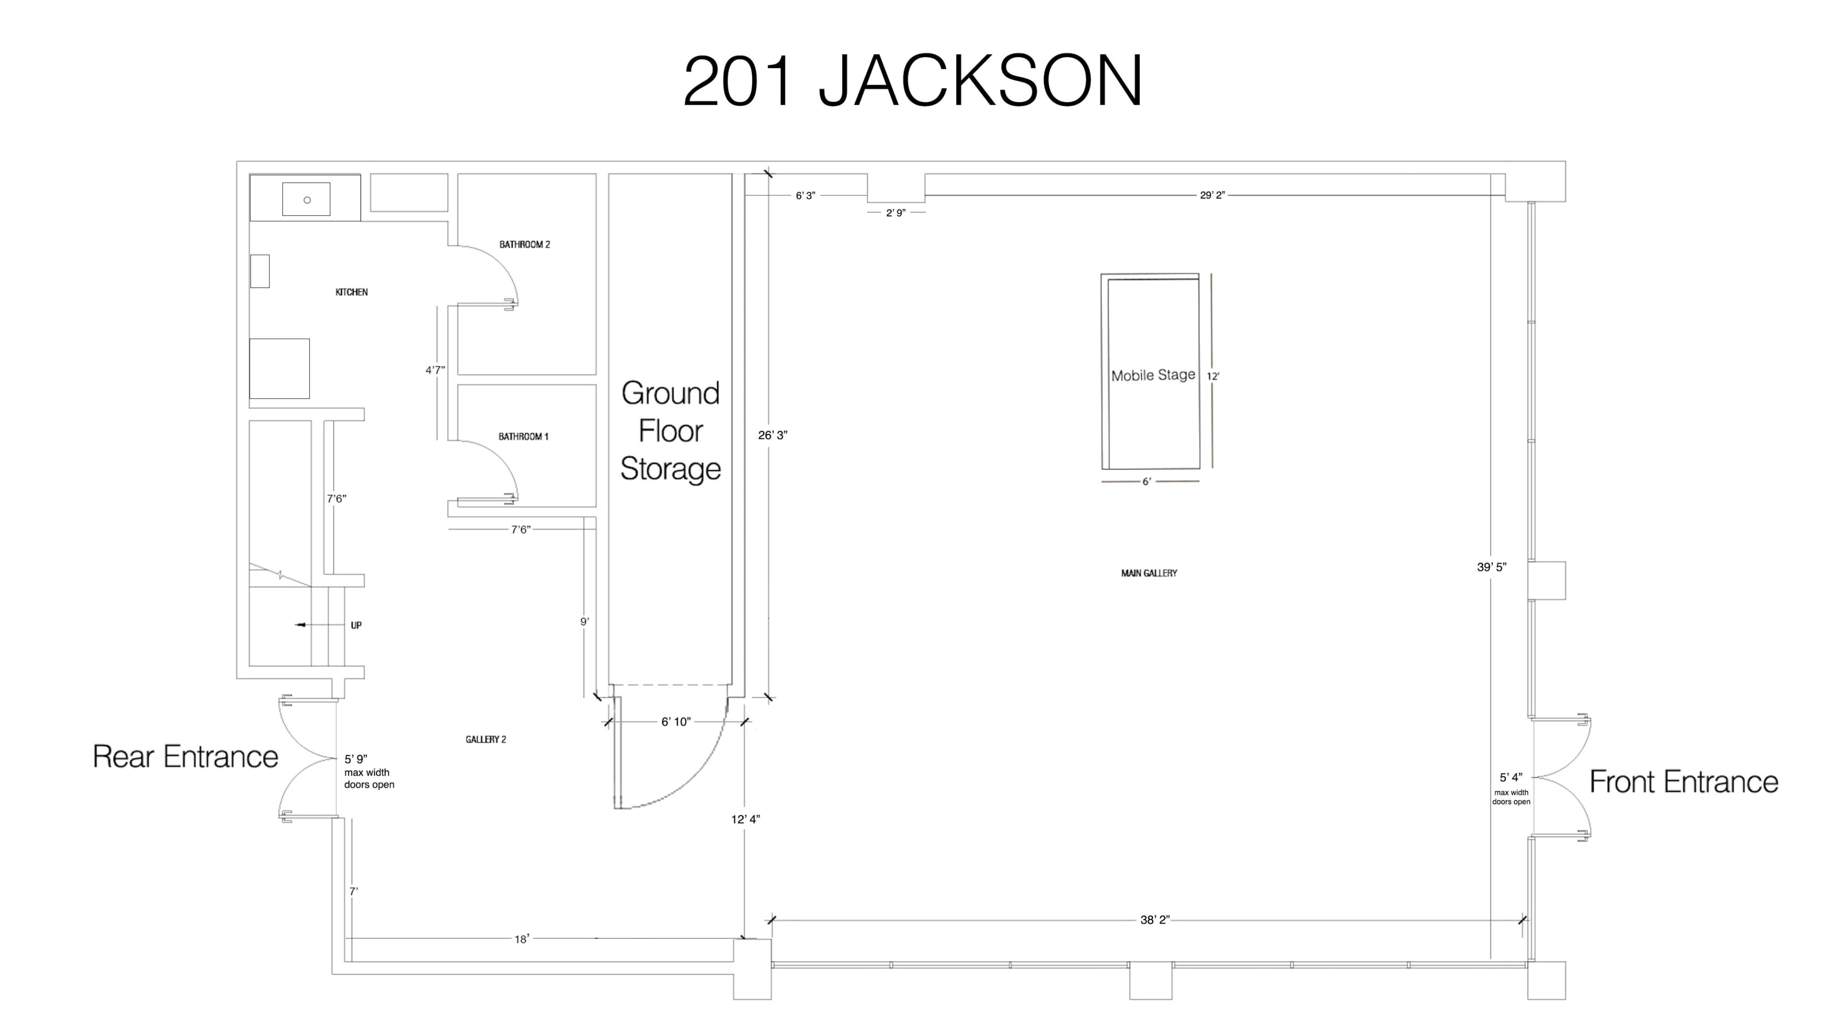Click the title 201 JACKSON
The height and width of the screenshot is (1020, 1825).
click(912, 81)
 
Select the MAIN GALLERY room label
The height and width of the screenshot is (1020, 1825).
click(1148, 573)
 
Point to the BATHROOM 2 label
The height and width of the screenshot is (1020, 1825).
click(524, 244)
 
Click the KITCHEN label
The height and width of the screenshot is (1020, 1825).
click(351, 292)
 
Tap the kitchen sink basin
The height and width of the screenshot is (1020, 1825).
click(306, 199)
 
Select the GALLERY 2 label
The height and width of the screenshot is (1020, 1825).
click(485, 740)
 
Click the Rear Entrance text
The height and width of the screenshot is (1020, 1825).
click(186, 757)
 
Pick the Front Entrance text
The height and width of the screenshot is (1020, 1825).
click(1683, 782)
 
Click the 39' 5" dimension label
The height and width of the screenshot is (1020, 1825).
click(1491, 567)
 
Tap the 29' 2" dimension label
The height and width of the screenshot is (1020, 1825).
click(1211, 195)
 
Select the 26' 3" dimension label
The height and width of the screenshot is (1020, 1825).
click(772, 435)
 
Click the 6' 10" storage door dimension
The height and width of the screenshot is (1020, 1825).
click(675, 722)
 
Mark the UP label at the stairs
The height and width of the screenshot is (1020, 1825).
click(355, 625)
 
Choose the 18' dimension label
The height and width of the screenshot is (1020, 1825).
click(521, 939)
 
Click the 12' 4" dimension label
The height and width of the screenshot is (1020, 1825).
click(745, 819)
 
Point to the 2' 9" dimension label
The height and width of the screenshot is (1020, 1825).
click(895, 212)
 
